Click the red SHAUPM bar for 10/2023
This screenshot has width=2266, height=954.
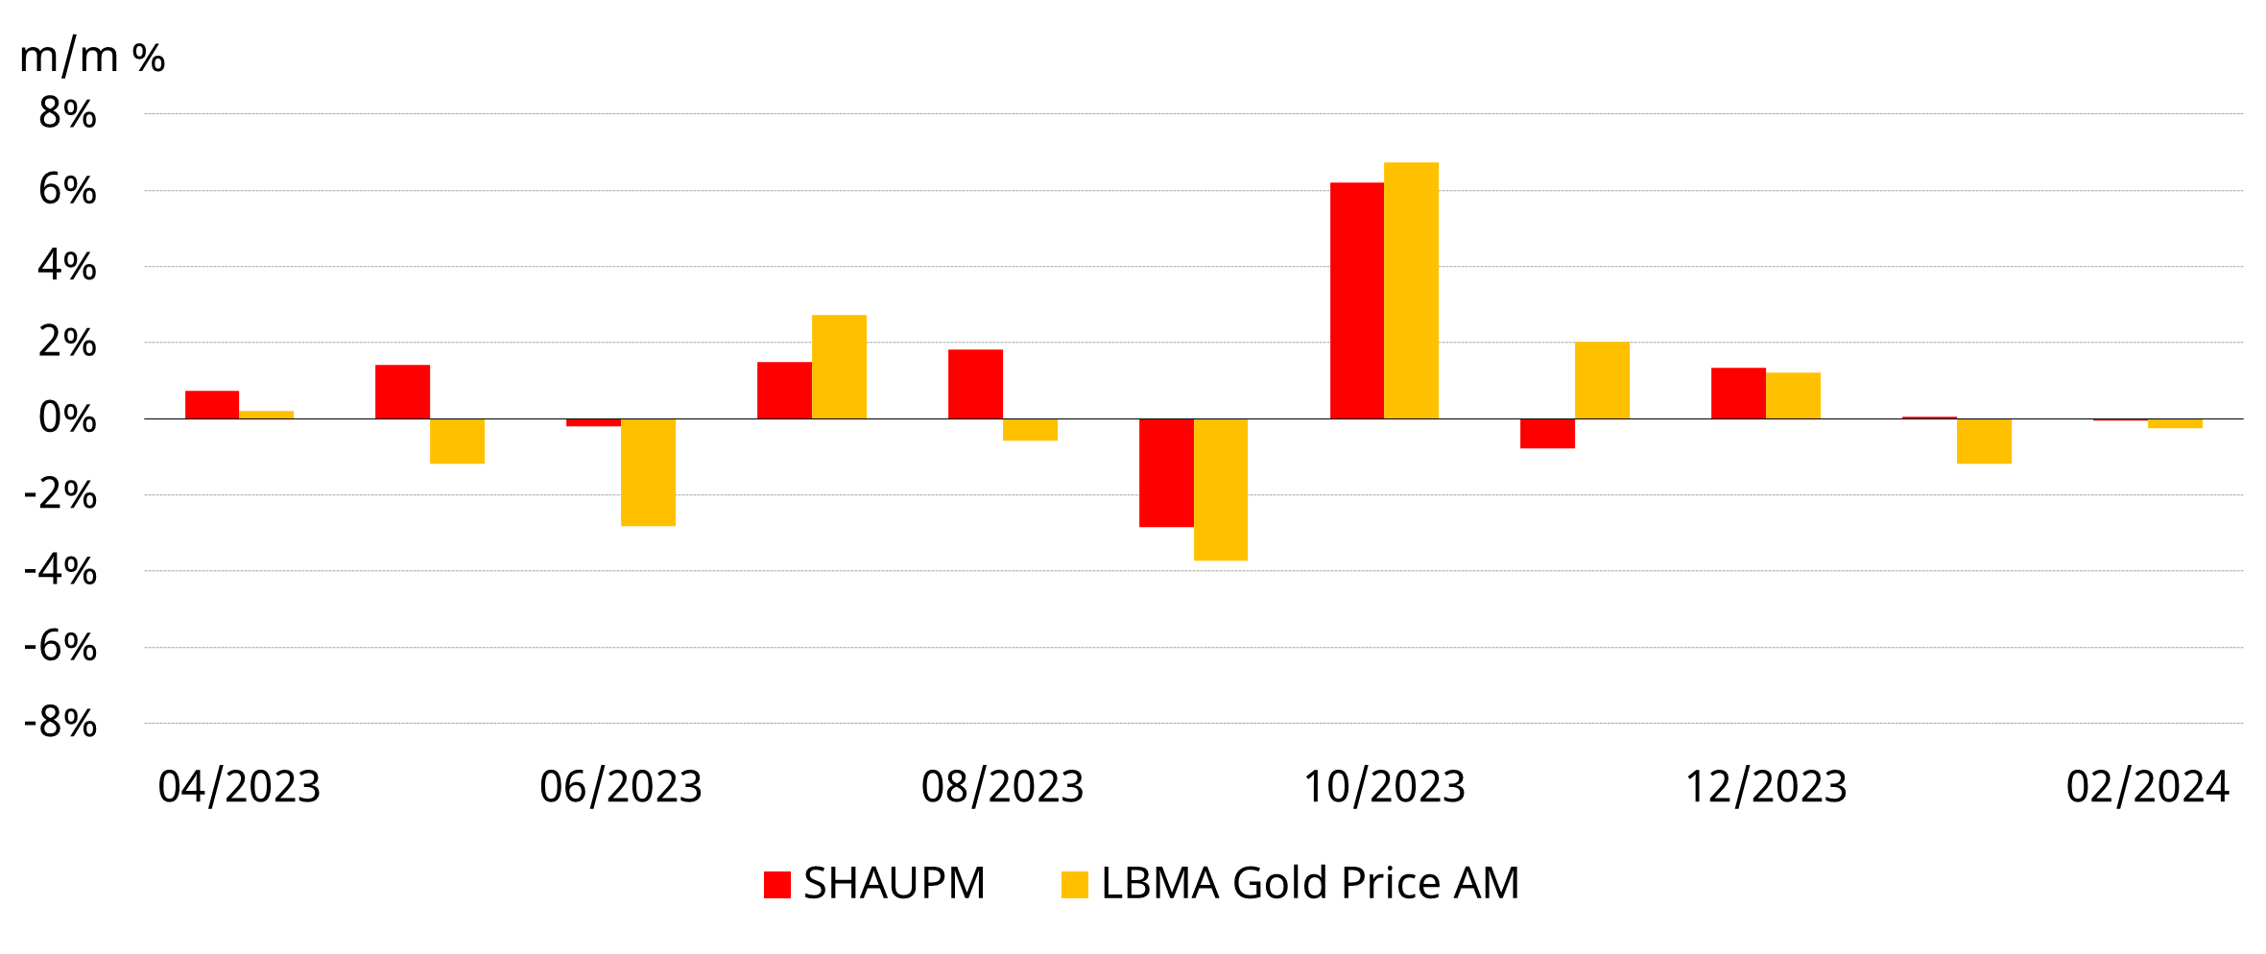pos(1356,300)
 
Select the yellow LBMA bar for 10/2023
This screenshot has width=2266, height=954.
pos(1411,291)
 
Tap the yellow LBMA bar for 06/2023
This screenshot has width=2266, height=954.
pos(648,472)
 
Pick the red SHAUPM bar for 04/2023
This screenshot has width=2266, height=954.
pos(212,405)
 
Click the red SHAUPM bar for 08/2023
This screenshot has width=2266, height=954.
pos(975,384)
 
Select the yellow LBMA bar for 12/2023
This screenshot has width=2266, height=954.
pos(1793,395)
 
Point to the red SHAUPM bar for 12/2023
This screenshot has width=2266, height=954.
pos(1738,394)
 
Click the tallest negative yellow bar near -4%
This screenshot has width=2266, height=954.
pos(1221,489)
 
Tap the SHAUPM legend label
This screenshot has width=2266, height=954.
pos(894,883)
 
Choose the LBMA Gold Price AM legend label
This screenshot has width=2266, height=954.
pos(1310,883)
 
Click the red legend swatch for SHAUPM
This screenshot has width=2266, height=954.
pos(776,884)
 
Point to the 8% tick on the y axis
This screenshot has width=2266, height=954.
pos(67,114)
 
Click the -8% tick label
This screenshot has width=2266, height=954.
pos(60,723)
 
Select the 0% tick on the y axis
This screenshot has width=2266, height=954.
pos(67,418)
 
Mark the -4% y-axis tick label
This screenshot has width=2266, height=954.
pos(60,571)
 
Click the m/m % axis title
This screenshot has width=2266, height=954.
pos(92,58)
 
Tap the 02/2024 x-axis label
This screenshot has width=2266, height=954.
pos(2147,787)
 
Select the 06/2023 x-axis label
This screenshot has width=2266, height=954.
pos(621,787)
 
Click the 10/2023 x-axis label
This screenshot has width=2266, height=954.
pos(1384,787)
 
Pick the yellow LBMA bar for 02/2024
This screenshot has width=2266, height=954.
pos(2175,423)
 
